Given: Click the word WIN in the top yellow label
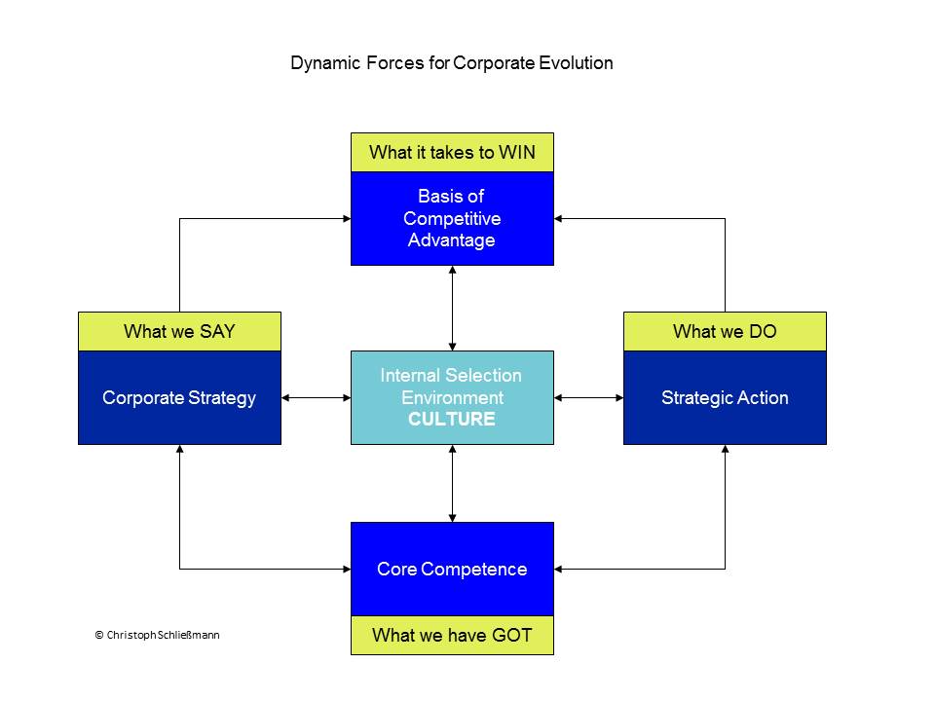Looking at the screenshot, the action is pyautogui.click(x=517, y=153).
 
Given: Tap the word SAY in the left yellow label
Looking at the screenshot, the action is pyautogui.click(x=217, y=331).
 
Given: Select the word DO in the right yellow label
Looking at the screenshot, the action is pyautogui.click(x=763, y=331).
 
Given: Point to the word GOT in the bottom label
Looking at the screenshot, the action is pyautogui.click(x=512, y=636).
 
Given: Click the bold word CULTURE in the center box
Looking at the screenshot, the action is pyautogui.click(x=452, y=419).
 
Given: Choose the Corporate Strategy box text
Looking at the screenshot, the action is pyautogui.click(x=179, y=398).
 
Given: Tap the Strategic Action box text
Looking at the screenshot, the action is pyautogui.click(x=725, y=398).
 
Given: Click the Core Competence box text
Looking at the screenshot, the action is pyautogui.click(x=452, y=570).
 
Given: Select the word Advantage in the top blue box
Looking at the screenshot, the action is pyautogui.click(x=451, y=240).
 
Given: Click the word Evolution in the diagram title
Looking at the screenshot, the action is pyautogui.click(x=576, y=63).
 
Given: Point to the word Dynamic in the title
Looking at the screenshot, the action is pyautogui.click(x=325, y=63).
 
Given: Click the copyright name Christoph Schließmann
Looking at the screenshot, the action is pyautogui.click(x=163, y=636).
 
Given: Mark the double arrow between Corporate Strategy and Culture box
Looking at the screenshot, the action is pyautogui.click(x=316, y=397).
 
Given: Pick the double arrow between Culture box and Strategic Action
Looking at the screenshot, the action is pyautogui.click(x=588, y=397).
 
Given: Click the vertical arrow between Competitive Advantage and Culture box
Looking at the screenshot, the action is pyautogui.click(x=453, y=309).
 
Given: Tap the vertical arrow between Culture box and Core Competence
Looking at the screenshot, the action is pyautogui.click(x=453, y=484).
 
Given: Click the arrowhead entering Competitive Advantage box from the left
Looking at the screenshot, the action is pyautogui.click(x=347, y=219).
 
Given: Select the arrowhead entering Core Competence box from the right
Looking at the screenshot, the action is pyautogui.click(x=558, y=570).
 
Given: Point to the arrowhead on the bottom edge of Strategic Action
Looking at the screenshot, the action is pyautogui.click(x=725, y=449).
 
